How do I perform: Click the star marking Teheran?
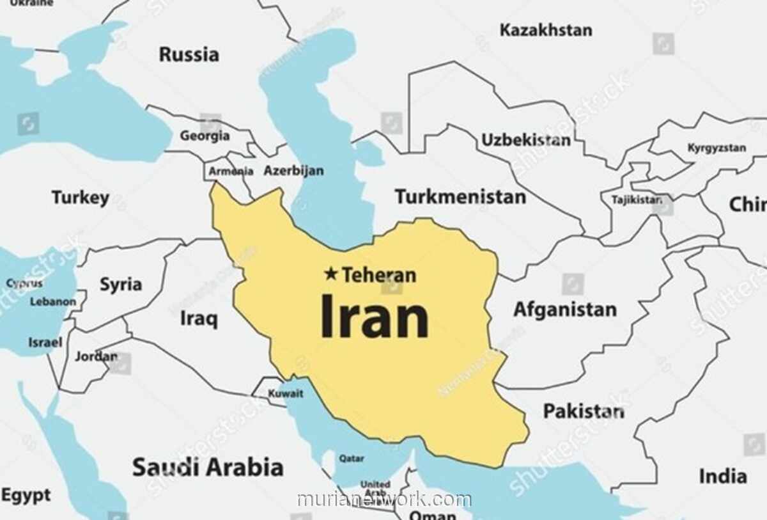[330, 274]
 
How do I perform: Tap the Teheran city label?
[379, 275]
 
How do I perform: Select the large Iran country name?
[374, 317]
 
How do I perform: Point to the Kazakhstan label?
[545, 30]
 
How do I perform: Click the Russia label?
[189, 54]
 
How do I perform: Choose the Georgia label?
[205, 136]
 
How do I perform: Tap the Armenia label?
[231, 171]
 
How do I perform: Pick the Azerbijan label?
[293, 171]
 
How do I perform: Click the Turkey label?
[81, 198]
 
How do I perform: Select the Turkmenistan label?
[460, 197]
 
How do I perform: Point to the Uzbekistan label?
[525, 140]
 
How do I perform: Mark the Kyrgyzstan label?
[717, 148]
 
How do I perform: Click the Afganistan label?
[565, 310]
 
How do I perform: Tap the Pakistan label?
[584, 411]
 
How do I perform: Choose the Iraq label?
[198, 318]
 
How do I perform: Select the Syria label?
[121, 284]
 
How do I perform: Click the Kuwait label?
[286, 393]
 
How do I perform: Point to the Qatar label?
[352, 459]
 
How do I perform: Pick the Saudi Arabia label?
[208, 468]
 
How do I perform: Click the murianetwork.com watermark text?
[384, 500]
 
